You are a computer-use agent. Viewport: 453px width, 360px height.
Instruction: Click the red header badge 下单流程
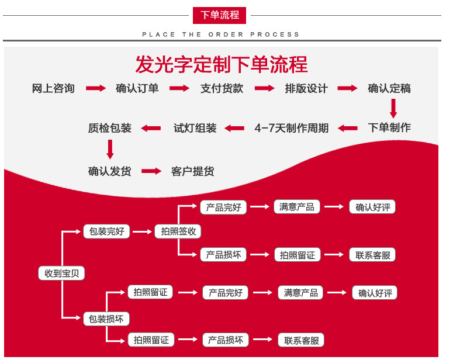[x=220, y=15]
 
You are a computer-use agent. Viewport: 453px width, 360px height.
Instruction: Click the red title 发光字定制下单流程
[x=222, y=64]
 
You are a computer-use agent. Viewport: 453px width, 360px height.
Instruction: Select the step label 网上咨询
[x=53, y=89]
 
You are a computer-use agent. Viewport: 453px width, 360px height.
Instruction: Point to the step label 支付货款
[x=222, y=89]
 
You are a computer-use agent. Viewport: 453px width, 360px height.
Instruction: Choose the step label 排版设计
[x=306, y=89]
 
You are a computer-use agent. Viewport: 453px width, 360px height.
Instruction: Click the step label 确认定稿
[x=389, y=89]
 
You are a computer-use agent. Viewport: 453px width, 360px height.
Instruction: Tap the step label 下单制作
[x=389, y=127]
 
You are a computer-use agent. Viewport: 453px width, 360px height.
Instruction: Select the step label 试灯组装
[x=195, y=128]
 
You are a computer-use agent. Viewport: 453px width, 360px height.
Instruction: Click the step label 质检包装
[x=110, y=128]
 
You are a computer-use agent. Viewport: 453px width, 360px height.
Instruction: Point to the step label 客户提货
[x=192, y=171]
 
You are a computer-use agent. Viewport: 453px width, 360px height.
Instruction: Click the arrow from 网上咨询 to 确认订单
[x=96, y=89]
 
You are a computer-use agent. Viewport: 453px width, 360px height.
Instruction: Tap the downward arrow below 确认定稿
[x=393, y=108]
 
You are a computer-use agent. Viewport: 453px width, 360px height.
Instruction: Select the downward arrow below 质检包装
[x=110, y=150]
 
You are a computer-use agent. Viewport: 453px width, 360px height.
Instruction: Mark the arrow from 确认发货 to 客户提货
[x=151, y=171]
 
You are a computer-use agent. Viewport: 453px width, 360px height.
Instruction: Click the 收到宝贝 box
[x=61, y=273]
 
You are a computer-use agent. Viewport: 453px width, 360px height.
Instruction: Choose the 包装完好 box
[x=106, y=231]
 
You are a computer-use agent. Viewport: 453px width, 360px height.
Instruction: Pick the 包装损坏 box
[x=106, y=319]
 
